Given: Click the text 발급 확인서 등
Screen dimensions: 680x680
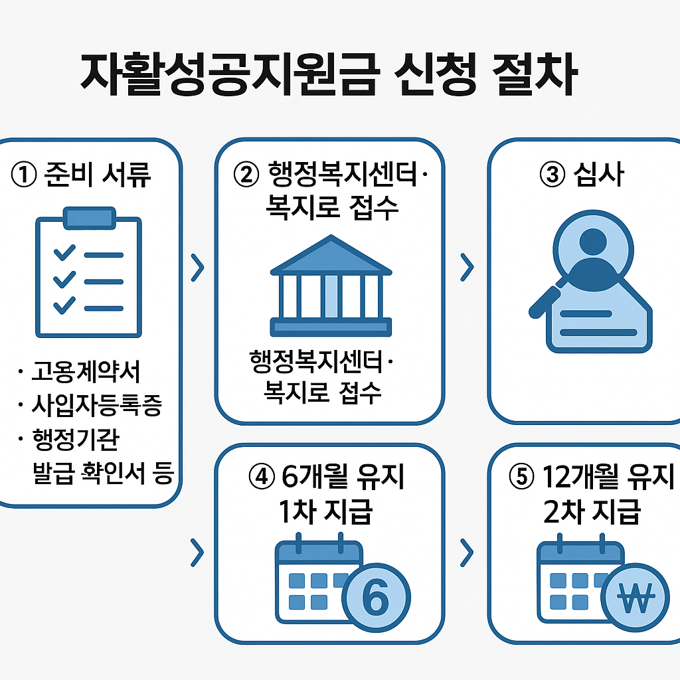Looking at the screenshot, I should [103, 473].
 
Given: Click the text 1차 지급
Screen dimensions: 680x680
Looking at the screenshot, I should [326, 512].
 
